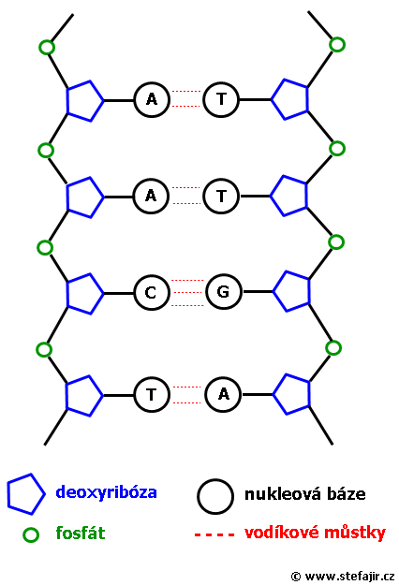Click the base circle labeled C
(x=152, y=293)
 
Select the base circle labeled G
(x=224, y=291)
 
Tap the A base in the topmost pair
(x=152, y=100)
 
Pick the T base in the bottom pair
(x=152, y=394)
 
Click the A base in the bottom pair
(x=223, y=394)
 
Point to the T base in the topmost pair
(x=221, y=99)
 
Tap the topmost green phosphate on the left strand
(x=47, y=48)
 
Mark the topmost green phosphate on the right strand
(x=337, y=45)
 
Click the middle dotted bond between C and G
(x=187, y=292)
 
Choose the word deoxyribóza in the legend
(x=107, y=492)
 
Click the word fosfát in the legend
(x=81, y=533)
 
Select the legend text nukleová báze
(x=305, y=494)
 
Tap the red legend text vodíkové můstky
(x=315, y=533)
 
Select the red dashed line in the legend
(x=214, y=535)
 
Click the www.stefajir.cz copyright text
(x=343, y=577)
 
